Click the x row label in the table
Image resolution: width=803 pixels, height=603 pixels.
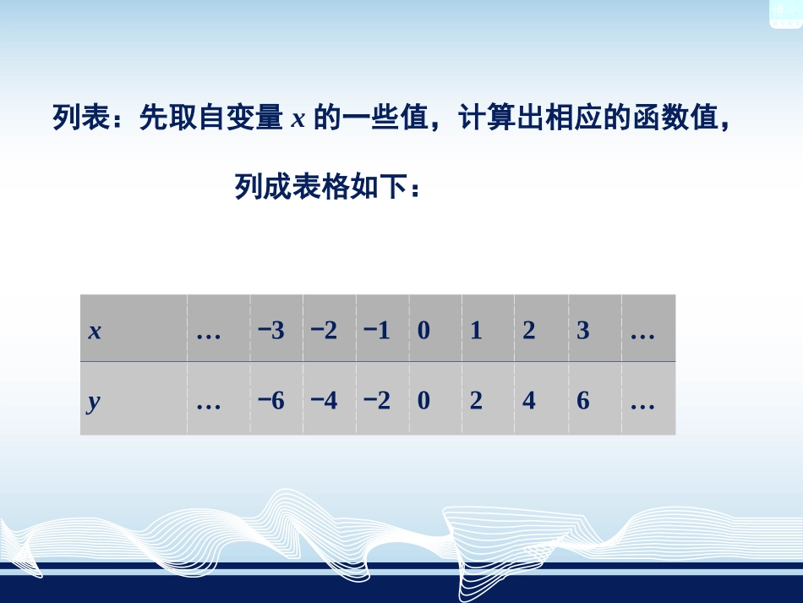tap(95, 332)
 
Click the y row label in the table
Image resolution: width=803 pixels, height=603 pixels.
tap(94, 402)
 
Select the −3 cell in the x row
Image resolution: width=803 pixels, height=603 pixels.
tap(272, 331)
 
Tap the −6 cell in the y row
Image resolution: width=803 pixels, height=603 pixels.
tap(272, 401)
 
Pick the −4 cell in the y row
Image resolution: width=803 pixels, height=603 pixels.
tap(325, 401)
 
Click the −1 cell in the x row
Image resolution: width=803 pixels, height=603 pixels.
tap(377, 331)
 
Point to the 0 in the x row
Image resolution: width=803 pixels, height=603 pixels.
tap(423, 331)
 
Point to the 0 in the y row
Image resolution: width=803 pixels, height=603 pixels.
tap(423, 401)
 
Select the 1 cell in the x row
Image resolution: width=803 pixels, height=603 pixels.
tap(476, 331)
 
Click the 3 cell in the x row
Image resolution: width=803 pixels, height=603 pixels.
tap(582, 331)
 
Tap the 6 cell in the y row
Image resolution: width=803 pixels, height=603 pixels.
tap(582, 401)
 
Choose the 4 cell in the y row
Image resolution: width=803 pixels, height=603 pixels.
tap(529, 401)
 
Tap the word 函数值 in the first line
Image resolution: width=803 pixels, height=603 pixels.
tap(672, 119)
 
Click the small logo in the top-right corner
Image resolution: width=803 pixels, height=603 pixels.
tap(784, 13)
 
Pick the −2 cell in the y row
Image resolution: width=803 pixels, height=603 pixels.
tap(377, 401)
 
